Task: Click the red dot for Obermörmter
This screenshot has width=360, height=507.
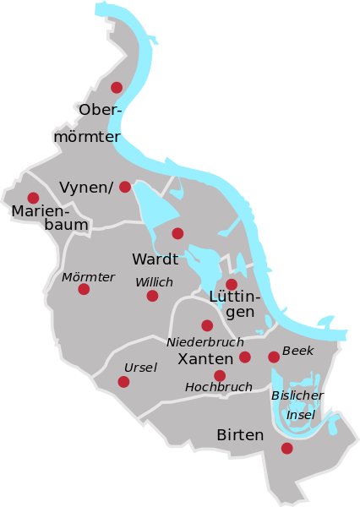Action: coord(117,87)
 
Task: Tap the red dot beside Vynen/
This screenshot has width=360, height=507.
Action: coord(125,187)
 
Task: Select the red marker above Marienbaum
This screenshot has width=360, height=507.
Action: coord(33,198)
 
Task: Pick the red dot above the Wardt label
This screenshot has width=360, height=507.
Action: coord(177,233)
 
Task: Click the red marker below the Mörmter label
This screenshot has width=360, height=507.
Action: coord(84,289)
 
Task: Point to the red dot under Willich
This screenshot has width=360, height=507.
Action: coord(152,296)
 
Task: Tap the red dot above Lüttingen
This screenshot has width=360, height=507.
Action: coord(232,284)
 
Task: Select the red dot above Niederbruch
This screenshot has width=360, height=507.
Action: coord(207,325)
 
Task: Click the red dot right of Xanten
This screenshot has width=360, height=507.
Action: coord(245,357)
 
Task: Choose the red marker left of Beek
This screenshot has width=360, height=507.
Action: coord(274,357)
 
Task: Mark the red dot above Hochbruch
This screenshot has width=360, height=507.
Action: coord(220,375)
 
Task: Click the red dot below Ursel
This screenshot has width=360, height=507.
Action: coord(123,382)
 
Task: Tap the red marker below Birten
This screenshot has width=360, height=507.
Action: coord(287,448)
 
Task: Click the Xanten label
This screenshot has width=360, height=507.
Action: coord(205,359)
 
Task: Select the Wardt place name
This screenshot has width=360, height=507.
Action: coord(155,259)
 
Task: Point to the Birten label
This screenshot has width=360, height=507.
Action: coord(240,435)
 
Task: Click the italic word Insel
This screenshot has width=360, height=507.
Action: coord(301,415)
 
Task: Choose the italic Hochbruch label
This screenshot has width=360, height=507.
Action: coord(218,387)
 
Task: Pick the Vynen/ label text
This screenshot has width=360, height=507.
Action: coord(86,187)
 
